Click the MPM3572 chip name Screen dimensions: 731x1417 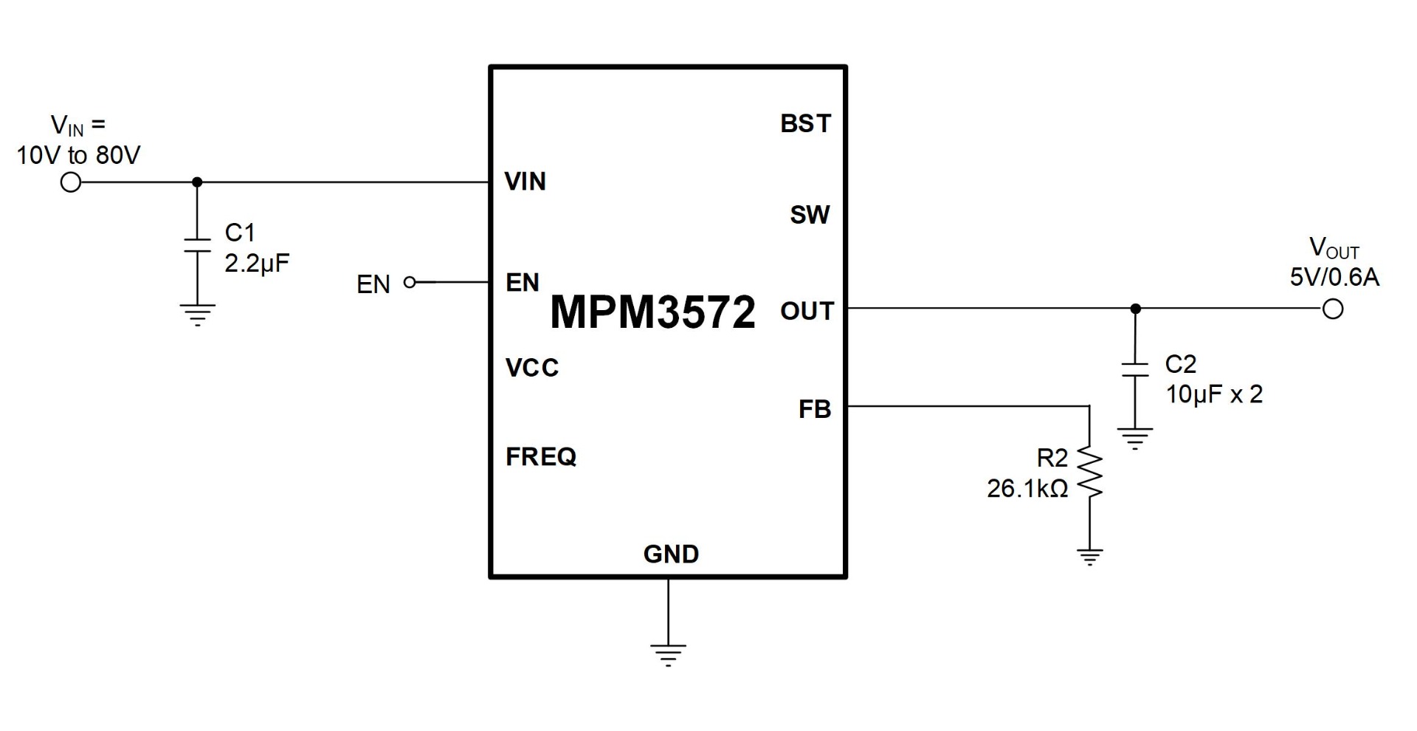point(652,312)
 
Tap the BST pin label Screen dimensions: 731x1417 point(805,123)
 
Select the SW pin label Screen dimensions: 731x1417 point(810,215)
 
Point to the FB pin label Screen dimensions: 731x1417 point(814,409)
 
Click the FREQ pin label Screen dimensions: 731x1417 point(541,457)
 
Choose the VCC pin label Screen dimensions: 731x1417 point(532,368)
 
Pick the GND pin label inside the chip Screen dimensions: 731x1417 point(671,554)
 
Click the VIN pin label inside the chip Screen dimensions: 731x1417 point(525,182)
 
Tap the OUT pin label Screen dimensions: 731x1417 point(807,312)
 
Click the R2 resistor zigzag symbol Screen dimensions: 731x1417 point(1089,473)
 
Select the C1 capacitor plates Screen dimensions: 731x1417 point(197,245)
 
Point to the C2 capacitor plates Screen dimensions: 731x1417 point(1135,370)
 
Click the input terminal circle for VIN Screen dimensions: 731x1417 point(71,182)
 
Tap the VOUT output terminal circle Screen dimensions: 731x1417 point(1333,309)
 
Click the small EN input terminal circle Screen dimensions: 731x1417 point(410,282)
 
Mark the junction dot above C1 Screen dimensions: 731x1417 point(197,182)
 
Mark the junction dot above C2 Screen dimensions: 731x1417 point(1135,309)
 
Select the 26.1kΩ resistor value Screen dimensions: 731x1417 point(1027,489)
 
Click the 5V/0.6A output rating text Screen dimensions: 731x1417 point(1334,277)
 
